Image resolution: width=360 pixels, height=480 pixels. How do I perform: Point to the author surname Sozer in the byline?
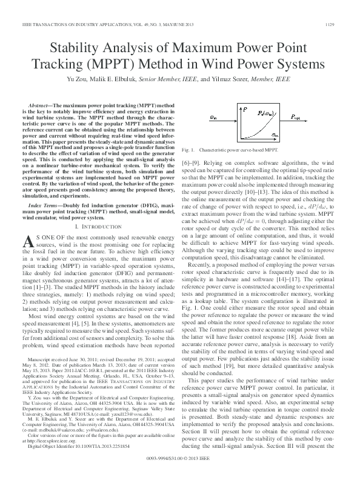[234, 79]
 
